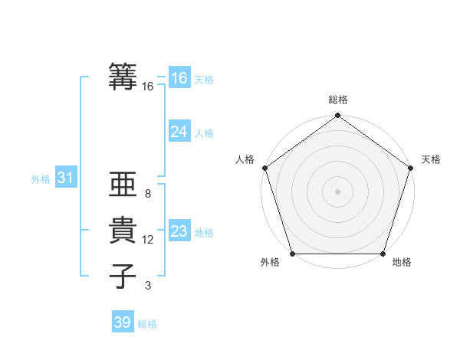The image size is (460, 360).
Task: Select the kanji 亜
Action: (123, 185)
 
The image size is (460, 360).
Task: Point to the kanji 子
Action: (123, 275)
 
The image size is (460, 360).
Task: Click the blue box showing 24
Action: (179, 132)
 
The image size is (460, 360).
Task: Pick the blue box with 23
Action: (179, 231)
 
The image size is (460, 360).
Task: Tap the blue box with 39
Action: (123, 322)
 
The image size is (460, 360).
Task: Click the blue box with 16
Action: (179, 78)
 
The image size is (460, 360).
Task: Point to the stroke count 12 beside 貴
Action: (148, 240)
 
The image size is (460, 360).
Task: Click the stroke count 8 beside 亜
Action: (148, 195)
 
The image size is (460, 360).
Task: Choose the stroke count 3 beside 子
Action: (148, 286)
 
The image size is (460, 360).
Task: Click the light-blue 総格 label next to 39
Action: (147, 324)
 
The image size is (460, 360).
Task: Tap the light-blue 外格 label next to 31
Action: (41, 179)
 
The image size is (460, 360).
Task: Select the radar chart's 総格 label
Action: (338, 100)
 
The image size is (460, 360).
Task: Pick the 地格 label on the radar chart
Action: (402, 263)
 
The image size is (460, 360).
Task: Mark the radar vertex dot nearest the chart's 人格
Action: (265, 168)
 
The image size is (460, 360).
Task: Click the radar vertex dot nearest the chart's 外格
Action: (293, 254)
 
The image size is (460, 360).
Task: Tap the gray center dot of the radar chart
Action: (338, 191)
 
